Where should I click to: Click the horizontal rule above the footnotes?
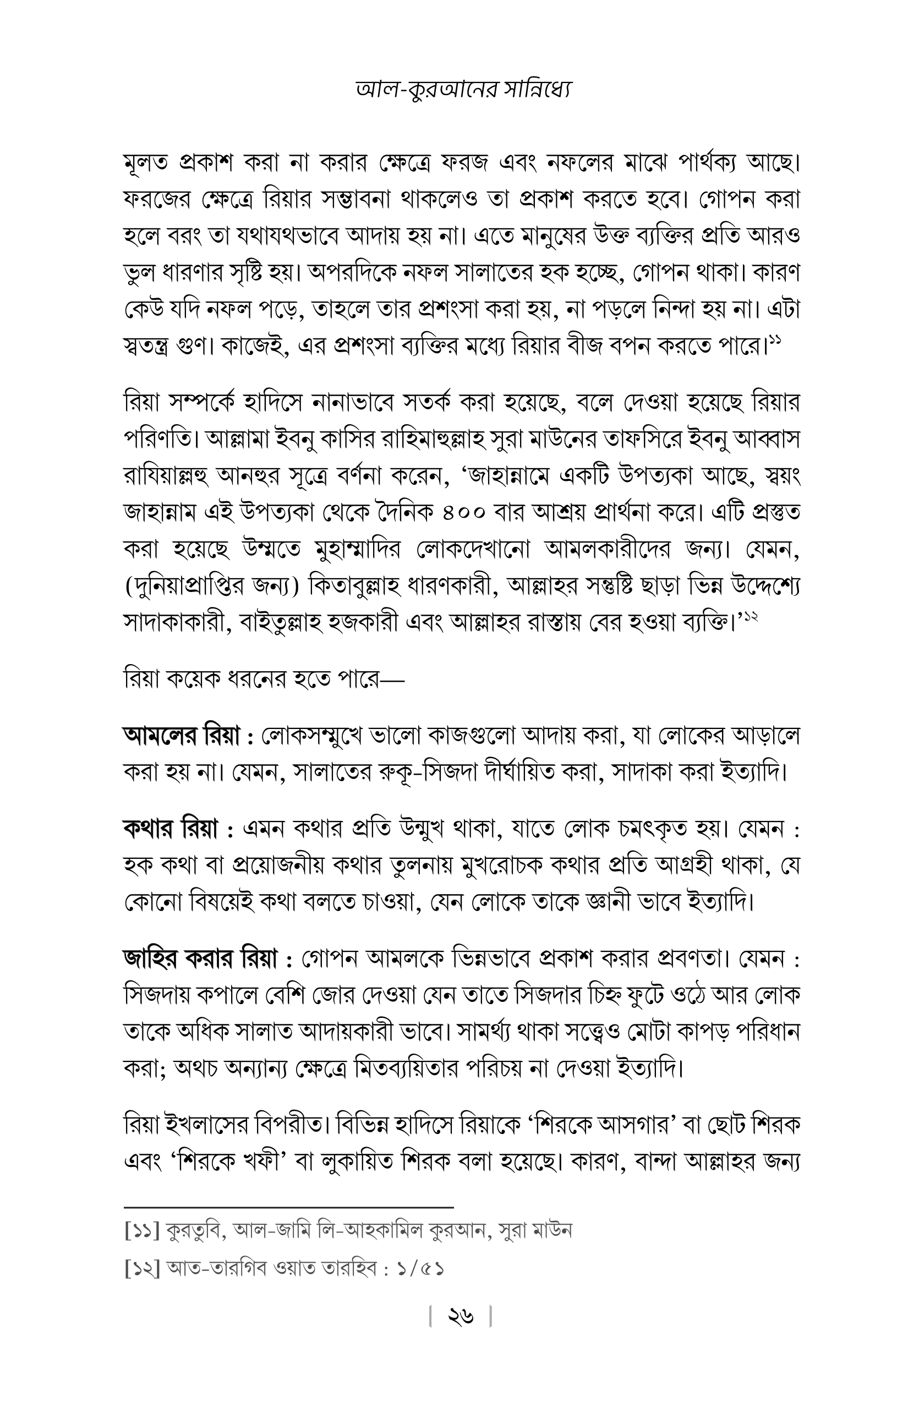(288, 1207)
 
